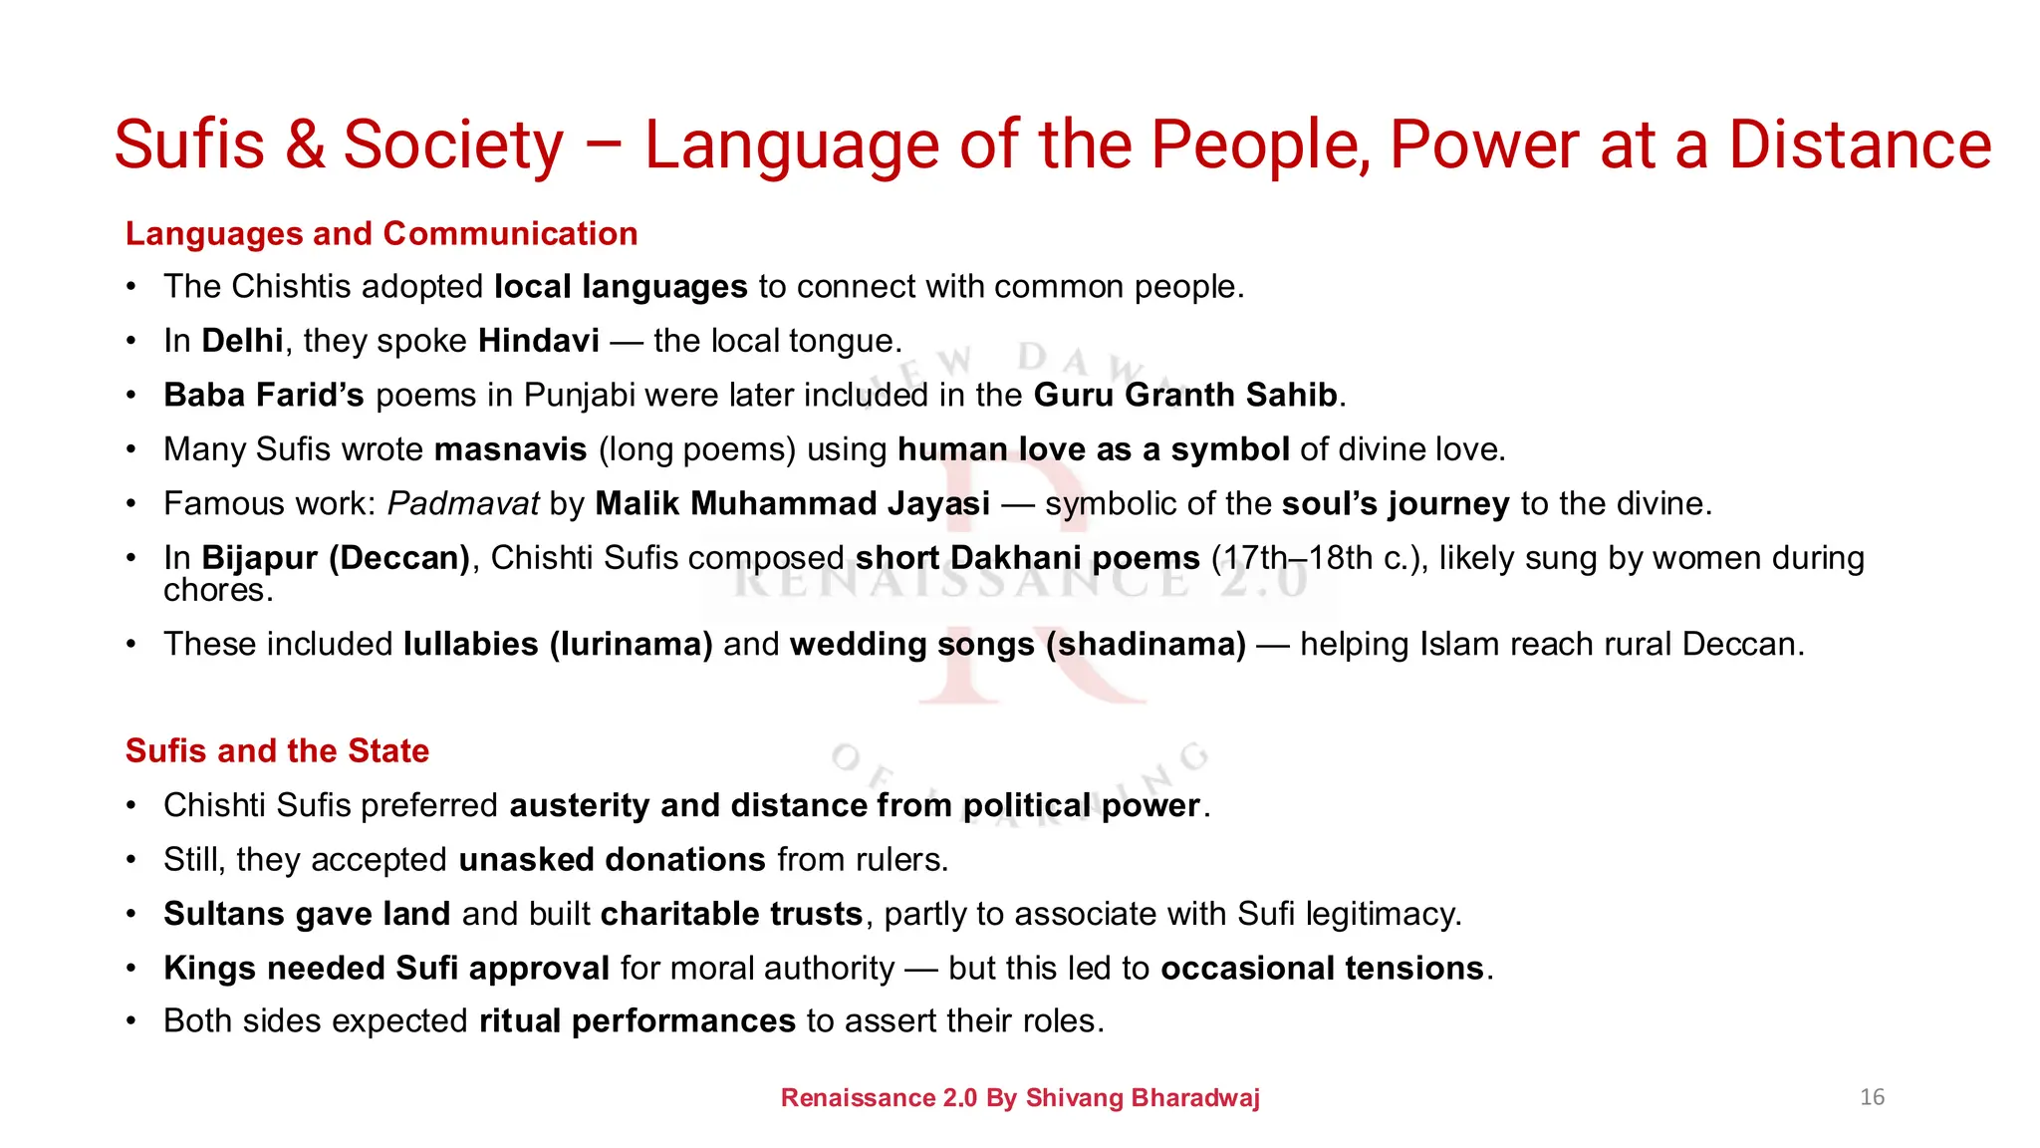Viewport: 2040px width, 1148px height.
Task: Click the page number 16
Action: click(1872, 1097)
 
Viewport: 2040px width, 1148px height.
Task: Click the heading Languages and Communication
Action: click(382, 233)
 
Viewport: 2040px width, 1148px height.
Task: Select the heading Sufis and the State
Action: click(277, 750)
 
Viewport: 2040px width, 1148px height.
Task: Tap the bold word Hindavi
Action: click(539, 341)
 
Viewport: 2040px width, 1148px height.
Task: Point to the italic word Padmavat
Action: click(463, 504)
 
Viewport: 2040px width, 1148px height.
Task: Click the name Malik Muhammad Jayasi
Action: click(792, 504)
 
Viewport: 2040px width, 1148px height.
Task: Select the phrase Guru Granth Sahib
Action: click(1185, 396)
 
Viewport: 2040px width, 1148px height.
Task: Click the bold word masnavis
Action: click(510, 449)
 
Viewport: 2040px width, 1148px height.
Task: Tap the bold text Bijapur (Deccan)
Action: click(336, 558)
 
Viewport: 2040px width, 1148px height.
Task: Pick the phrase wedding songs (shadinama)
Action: click(1017, 645)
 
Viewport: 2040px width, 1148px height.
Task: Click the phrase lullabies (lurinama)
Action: click(558, 645)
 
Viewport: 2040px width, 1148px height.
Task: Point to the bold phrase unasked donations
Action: click(612, 860)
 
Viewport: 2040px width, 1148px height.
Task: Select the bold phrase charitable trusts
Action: click(731, 914)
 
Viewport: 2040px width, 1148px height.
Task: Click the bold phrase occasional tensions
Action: click(1322, 969)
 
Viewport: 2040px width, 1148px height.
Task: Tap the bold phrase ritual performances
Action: click(637, 1021)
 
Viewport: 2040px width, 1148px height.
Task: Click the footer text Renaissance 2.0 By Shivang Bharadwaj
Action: click(1020, 1098)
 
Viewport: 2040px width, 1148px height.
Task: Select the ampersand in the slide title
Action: click(305, 145)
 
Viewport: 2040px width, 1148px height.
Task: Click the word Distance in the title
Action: click(1860, 145)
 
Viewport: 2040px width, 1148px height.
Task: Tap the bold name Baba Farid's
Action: click(264, 396)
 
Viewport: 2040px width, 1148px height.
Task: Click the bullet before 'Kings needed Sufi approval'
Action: click(130, 969)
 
